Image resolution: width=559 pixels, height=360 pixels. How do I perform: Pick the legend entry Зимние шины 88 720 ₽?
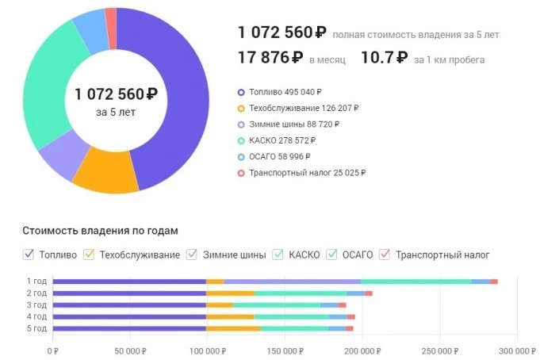point(293,124)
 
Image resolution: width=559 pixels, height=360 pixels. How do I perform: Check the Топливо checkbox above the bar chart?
point(29,255)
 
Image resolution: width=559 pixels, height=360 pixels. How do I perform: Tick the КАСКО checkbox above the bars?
point(279,255)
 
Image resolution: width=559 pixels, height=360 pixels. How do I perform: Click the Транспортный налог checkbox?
point(385,255)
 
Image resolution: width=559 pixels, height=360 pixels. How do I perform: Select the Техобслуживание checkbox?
point(90,255)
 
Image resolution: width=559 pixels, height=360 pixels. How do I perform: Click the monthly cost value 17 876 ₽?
point(270,57)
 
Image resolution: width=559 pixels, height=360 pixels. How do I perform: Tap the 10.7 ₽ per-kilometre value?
point(384,57)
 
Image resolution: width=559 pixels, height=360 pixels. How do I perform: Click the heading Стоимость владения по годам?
point(100,231)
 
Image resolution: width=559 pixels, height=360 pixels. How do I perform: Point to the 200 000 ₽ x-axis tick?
point(362,350)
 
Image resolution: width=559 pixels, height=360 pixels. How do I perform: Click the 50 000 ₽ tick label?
point(130,350)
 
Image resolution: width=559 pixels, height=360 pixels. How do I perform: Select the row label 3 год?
point(37,304)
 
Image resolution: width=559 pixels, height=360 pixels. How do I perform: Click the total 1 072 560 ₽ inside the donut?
point(116,94)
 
